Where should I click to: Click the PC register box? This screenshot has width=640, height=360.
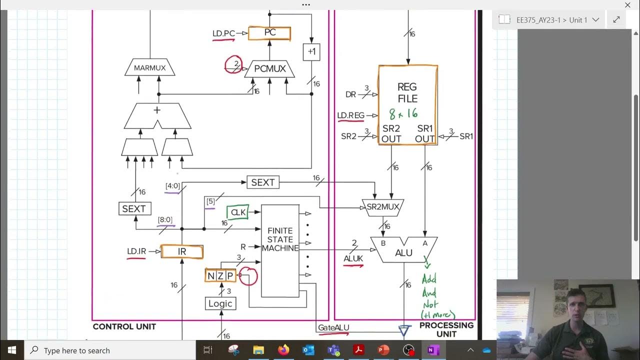(269, 33)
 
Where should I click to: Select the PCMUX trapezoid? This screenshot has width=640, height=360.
(269, 69)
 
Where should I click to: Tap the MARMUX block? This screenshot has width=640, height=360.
(149, 67)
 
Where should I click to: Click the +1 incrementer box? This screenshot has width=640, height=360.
(311, 52)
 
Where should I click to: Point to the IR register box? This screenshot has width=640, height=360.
(182, 252)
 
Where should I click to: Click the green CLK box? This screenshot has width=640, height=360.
(238, 212)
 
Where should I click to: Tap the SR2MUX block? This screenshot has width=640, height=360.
(382, 207)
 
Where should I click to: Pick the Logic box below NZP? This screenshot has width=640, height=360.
(220, 303)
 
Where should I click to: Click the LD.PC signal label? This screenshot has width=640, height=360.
(223, 34)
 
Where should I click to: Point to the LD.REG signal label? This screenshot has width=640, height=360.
(350, 116)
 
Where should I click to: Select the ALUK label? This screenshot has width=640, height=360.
(353, 258)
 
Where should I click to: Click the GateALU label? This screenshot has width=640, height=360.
(333, 328)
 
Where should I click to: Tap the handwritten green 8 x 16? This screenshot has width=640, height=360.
(403, 114)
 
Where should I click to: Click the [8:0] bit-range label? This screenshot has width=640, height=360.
(165, 220)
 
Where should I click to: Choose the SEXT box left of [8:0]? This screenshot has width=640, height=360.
(134, 208)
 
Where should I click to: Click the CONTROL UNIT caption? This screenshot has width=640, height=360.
(124, 326)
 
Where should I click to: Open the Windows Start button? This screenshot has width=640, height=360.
(12, 350)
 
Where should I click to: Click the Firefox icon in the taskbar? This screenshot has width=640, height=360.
(283, 350)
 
